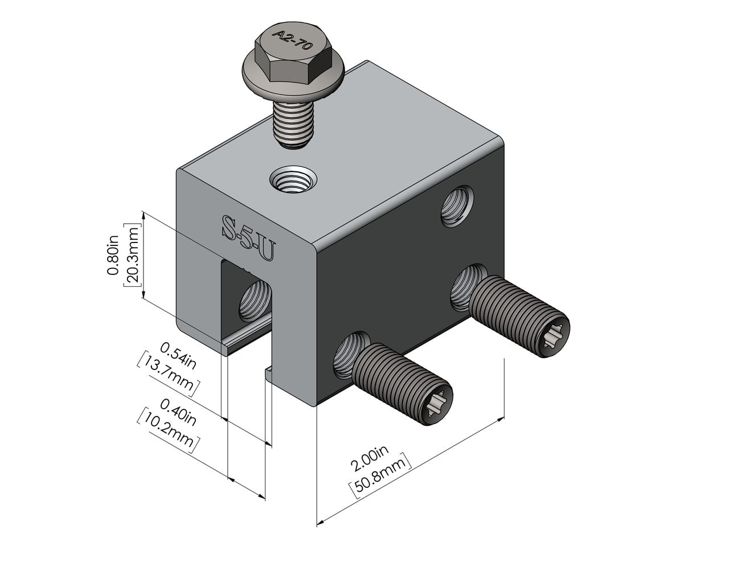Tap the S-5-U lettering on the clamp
tap(247, 239)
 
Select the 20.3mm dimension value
tap(131, 256)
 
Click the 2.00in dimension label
tap(370, 459)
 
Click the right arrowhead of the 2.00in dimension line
tap(501, 420)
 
